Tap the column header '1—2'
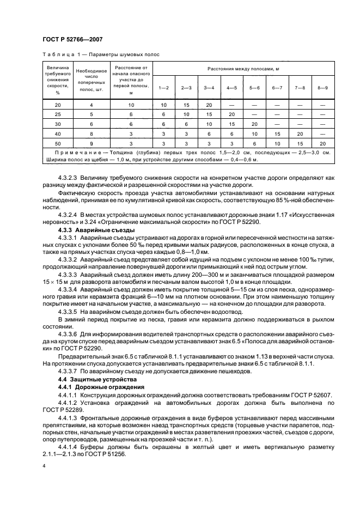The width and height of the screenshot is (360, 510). (x=163, y=88)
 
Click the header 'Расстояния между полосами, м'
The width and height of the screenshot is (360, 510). (x=243, y=70)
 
